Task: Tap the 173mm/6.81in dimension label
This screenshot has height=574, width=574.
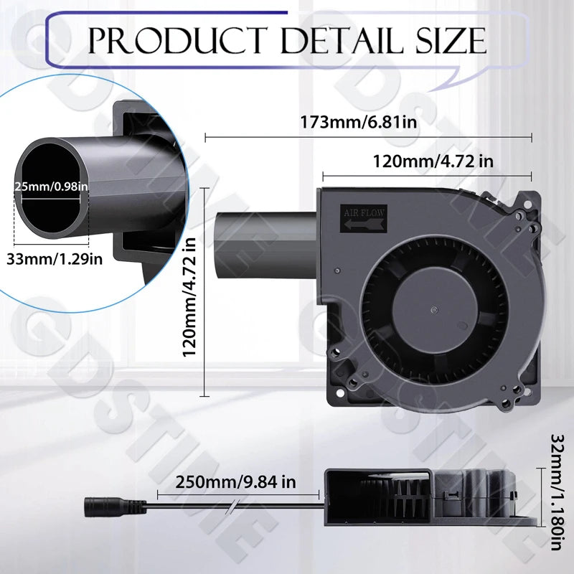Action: point(368,121)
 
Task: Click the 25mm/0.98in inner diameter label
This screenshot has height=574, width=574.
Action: point(51,187)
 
